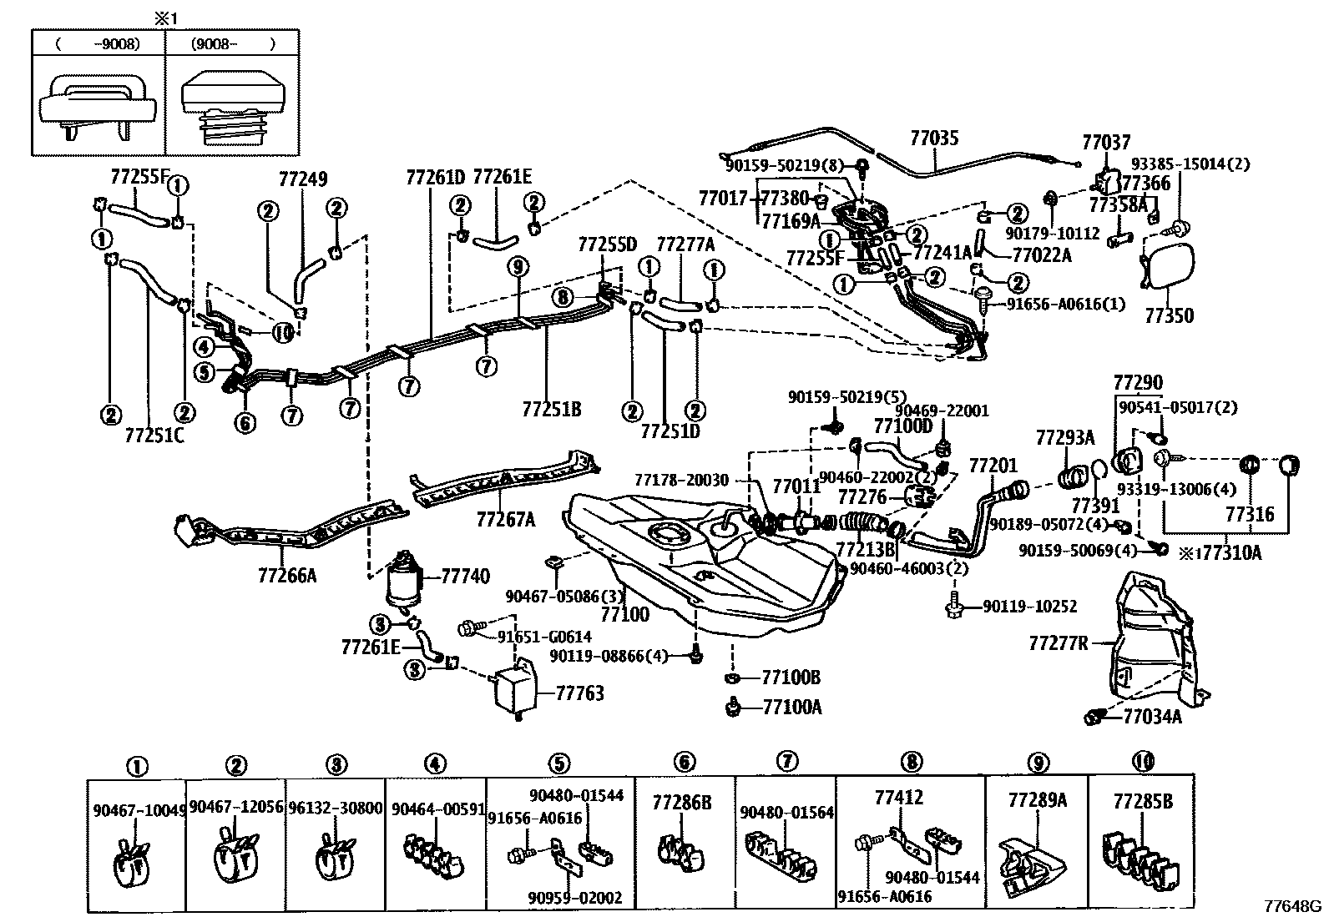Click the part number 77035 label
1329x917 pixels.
[x=934, y=139]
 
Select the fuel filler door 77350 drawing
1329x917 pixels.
[x=1167, y=267]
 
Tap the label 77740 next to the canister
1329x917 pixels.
[x=465, y=577]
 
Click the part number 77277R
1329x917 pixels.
[x=1059, y=643]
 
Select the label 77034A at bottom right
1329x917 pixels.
[x=1152, y=716]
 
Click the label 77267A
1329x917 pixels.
[x=505, y=520]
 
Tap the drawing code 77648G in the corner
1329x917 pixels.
[x=1292, y=905]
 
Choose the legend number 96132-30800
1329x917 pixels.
[x=335, y=808]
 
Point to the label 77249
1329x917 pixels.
[x=303, y=179]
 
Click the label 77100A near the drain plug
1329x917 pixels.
[x=791, y=708]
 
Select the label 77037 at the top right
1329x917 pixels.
[x=1106, y=143]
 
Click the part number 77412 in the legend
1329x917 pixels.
[x=899, y=798]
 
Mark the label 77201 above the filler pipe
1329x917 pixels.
[x=993, y=466]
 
